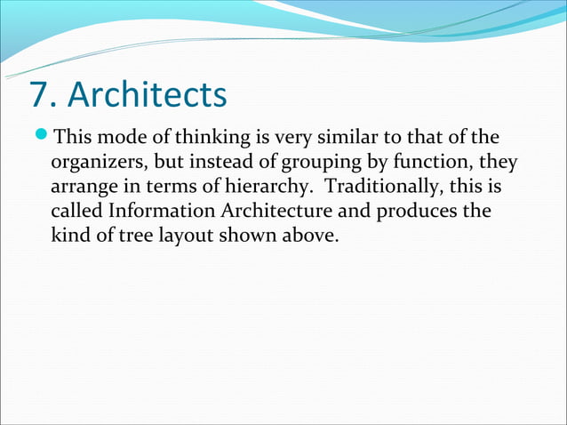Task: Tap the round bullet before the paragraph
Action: click(44, 137)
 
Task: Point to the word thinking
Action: click(214, 139)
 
